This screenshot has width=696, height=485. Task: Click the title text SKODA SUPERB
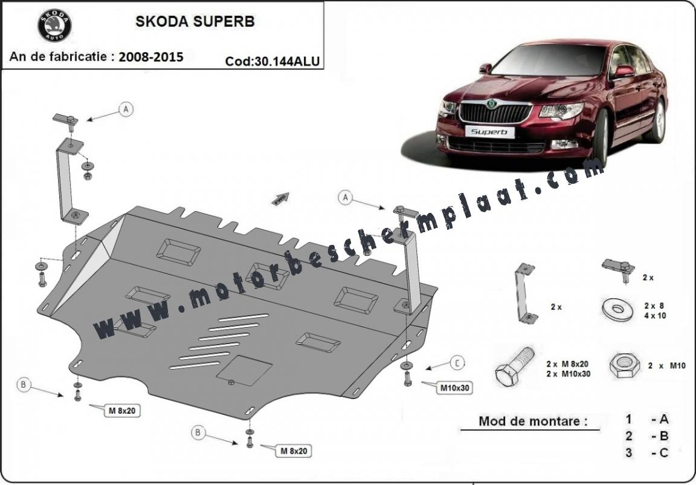click(x=195, y=21)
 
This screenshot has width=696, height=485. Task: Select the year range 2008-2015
click(x=151, y=56)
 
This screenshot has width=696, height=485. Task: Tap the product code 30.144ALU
click(x=286, y=61)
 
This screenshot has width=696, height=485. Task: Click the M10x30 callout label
click(x=454, y=388)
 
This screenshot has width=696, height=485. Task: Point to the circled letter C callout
click(x=457, y=363)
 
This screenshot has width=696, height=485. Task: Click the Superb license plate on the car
click(x=489, y=131)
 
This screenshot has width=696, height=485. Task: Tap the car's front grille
click(x=495, y=113)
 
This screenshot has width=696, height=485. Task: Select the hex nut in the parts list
click(x=624, y=366)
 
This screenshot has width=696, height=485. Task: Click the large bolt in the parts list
click(x=515, y=366)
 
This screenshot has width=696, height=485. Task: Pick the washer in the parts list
click(x=617, y=309)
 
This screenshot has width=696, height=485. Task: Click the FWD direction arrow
click(x=280, y=198)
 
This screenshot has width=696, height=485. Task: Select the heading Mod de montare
click(x=533, y=421)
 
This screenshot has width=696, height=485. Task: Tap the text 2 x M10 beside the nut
click(x=666, y=365)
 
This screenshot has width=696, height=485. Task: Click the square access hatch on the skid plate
click(x=244, y=370)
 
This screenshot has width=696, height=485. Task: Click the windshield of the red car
click(x=549, y=59)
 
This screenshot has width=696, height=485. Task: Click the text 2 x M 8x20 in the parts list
click(x=568, y=363)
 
